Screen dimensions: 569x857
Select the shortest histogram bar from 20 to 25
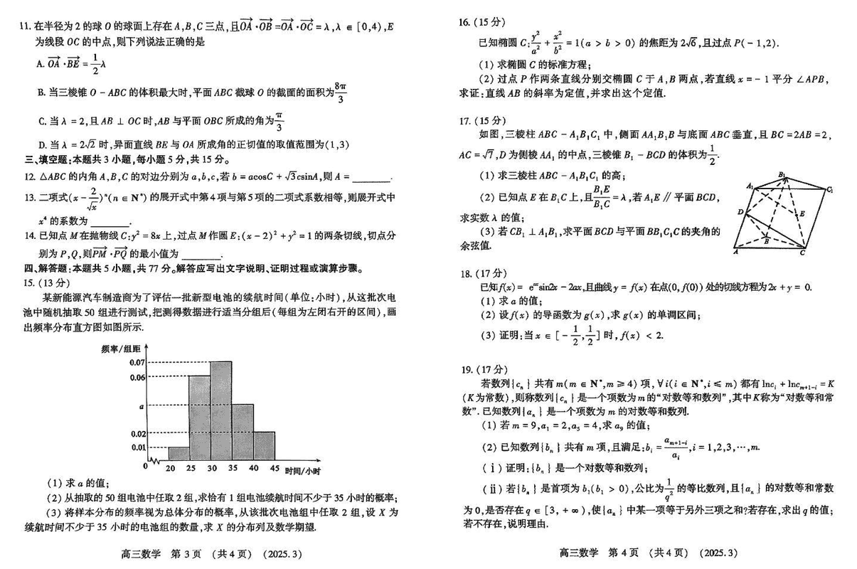[x=179, y=454]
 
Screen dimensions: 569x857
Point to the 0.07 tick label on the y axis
[x=137, y=362]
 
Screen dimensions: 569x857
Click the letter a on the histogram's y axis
[x=142, y=405]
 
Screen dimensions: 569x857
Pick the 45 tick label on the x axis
[x=274, y=469]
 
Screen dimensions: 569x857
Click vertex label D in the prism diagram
[x=740, y=212]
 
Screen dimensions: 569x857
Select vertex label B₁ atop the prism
[x=782, y=174]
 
